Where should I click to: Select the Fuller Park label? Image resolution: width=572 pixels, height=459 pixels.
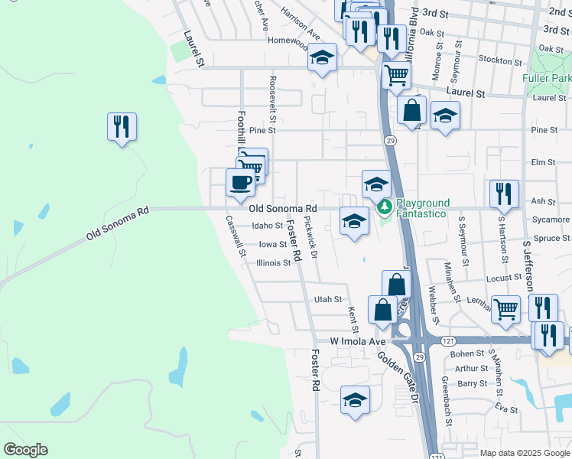546,79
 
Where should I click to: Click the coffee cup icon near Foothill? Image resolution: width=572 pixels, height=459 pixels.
240,182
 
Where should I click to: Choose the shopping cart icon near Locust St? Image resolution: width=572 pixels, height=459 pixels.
505,309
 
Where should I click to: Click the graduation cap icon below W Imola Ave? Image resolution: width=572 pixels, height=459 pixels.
355,400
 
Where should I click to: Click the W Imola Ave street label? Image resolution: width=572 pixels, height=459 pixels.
359,340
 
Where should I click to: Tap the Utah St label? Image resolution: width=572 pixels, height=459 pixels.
327,301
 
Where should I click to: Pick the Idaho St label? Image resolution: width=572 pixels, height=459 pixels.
268,226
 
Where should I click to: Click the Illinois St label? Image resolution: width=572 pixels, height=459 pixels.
273,262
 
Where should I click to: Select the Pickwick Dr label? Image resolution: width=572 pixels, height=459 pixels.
310,233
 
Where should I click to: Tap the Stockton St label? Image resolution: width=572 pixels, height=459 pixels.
493,59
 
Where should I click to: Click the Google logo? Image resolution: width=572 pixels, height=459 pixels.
26,450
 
